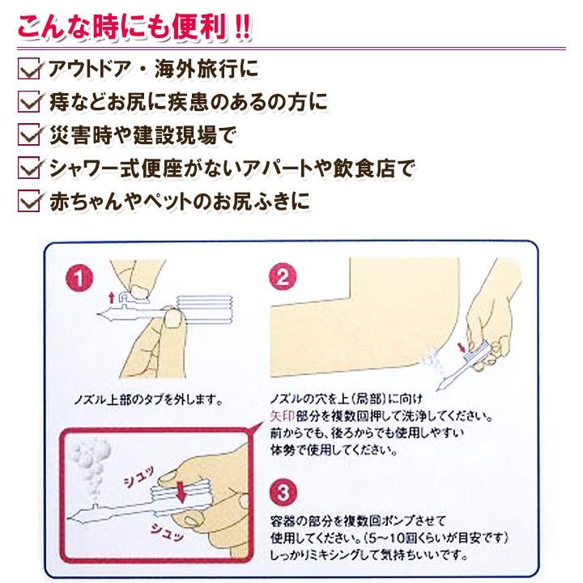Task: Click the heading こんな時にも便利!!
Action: coord(134,27)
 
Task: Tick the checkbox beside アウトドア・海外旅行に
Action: coord(28,69)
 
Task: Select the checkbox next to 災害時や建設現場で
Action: coord(28,134)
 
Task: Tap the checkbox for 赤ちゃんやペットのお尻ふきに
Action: coord(28,201)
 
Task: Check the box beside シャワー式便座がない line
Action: coord(28,168)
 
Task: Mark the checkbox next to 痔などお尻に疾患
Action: coord(28,102)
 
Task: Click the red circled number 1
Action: coord(79,278)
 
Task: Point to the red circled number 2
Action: coord(283,276)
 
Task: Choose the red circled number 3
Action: coord(283,492)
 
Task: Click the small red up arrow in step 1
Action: coord(111,297)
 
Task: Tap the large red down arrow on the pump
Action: coord(181,492)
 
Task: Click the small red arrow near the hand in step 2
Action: coord(462,347)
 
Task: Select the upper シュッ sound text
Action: coord(138,478)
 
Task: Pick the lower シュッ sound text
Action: coord(168,532)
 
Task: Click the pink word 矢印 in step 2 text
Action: coord(283,415)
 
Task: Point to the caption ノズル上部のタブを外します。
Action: coord(149,400)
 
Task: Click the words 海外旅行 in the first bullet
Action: coord(196,68)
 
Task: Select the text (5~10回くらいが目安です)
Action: coord(436,538)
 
